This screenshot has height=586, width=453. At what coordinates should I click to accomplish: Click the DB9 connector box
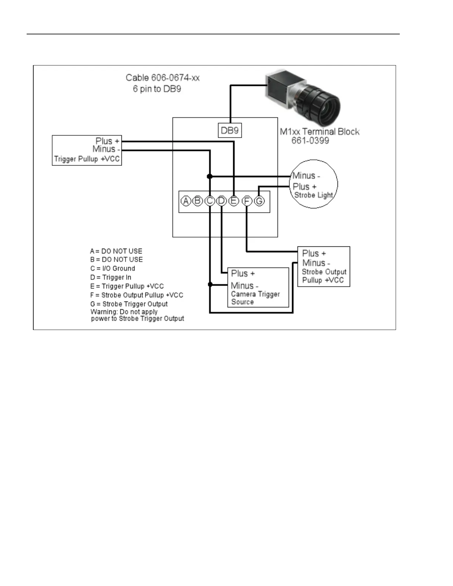(229, 131)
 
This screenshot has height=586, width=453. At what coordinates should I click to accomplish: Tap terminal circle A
(186, 201)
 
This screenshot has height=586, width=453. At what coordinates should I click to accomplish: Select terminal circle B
(198, 201)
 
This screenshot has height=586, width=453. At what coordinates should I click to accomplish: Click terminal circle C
(209, 201)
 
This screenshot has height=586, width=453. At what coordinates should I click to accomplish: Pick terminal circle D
(222, 201)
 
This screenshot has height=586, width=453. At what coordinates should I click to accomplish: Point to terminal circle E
(234, 201)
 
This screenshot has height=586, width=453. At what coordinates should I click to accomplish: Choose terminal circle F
(247, 201)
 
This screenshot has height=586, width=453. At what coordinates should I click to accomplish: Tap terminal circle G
(259, 201)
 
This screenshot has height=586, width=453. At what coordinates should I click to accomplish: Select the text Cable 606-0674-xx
(163, 78)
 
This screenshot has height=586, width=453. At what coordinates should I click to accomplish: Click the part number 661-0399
(310, 141)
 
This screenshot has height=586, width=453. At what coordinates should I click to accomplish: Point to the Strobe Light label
(313, 195)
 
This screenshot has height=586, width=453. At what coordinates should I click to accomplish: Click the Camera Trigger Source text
(255, 298)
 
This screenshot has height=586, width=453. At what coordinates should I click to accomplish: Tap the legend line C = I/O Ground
(113, 269)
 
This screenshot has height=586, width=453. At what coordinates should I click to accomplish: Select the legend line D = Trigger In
(111, 277)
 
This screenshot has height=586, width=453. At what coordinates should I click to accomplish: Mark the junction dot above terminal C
(209, 176)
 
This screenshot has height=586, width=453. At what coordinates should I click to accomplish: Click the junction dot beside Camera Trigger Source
(210, 284)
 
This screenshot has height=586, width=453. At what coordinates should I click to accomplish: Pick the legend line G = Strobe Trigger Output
(129, 304)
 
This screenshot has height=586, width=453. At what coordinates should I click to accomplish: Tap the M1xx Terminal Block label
(320, 132)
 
